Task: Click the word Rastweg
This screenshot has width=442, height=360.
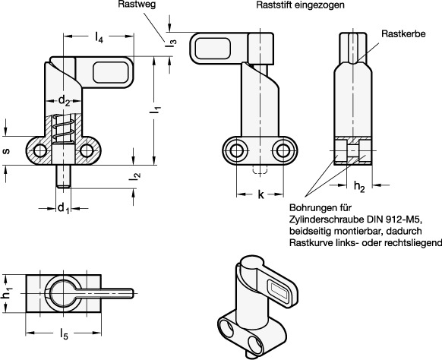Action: [x=137, y=5]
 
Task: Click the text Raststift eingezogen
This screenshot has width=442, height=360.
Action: [x=300, y=5]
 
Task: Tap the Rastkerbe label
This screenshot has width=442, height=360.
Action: [x=403, y=34]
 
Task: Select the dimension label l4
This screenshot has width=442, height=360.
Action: [x=99, y=37]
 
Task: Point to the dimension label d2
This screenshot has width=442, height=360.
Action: [x=64, y=100]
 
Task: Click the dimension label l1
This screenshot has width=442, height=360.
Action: [x=155, y=109]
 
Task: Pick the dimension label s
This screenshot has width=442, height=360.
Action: [x=6, y=151]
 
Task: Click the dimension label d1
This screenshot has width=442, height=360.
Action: [x=63, y=208]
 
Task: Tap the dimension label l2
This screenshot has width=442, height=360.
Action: [x=134, y=176]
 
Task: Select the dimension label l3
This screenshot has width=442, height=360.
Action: [x=171, y=43]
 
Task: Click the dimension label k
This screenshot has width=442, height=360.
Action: [x=261, y=194]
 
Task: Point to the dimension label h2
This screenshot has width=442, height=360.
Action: [x=359, y=187]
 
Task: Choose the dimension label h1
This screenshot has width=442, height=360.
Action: [x=7, y=294]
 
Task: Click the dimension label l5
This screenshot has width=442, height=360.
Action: [x=64, y=334]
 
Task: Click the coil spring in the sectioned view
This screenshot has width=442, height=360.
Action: [x=64, y=128]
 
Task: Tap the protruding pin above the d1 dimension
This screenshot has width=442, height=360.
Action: [x=64, y=176]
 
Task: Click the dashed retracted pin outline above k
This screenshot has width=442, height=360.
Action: [x=260, y=169]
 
